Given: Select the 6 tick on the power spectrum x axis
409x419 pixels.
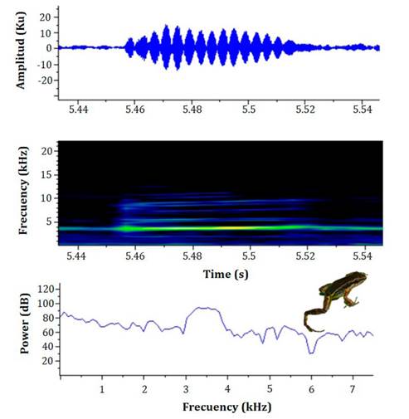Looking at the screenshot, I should click(311, 387).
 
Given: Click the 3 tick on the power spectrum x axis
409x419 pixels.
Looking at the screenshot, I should click(186, 387).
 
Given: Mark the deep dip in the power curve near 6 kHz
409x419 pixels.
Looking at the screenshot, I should click(311, 353).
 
